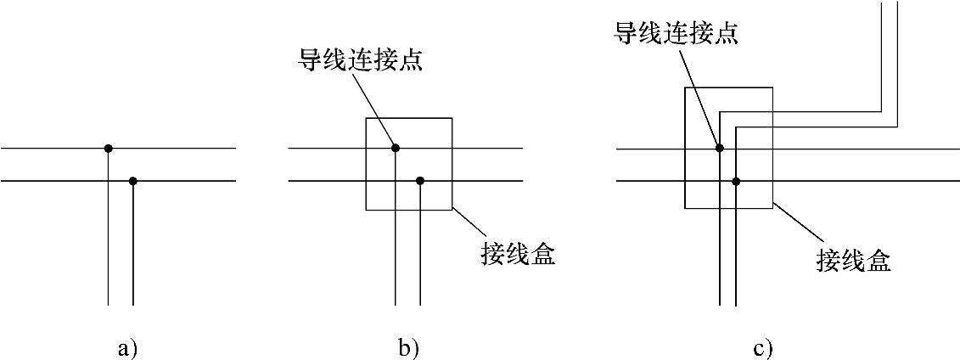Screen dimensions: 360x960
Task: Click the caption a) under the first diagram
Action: (x=127, y=347)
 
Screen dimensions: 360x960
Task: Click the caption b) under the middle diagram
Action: (x=408, y=347)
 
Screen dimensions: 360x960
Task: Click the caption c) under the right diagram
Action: (x=761, y=347)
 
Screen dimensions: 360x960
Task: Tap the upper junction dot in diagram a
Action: (x=108, y=149)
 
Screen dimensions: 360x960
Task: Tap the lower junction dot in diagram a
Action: (x=133, y=181)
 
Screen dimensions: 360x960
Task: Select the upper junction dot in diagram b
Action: (x=396, y=149)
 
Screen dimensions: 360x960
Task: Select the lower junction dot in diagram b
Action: (x=420, y=181)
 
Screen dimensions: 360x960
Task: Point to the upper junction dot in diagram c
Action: (x=720, y=149)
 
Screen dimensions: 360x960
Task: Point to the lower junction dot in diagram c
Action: (x=736, y=181)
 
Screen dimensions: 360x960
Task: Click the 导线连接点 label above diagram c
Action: (x=676, y=33)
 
